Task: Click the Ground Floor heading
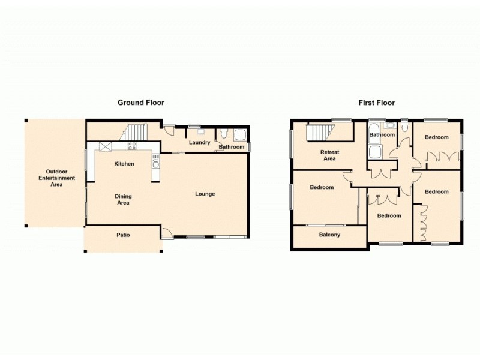140,103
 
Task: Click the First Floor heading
376,103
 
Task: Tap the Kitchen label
124,164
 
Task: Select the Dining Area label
124,199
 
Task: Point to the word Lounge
205,194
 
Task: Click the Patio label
122,235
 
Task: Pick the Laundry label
199,142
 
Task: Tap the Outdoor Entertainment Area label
56,178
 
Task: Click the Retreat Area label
329,155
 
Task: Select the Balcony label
329,235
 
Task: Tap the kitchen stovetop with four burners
132,146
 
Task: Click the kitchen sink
155,160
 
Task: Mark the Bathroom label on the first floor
382,135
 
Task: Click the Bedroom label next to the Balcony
322,187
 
